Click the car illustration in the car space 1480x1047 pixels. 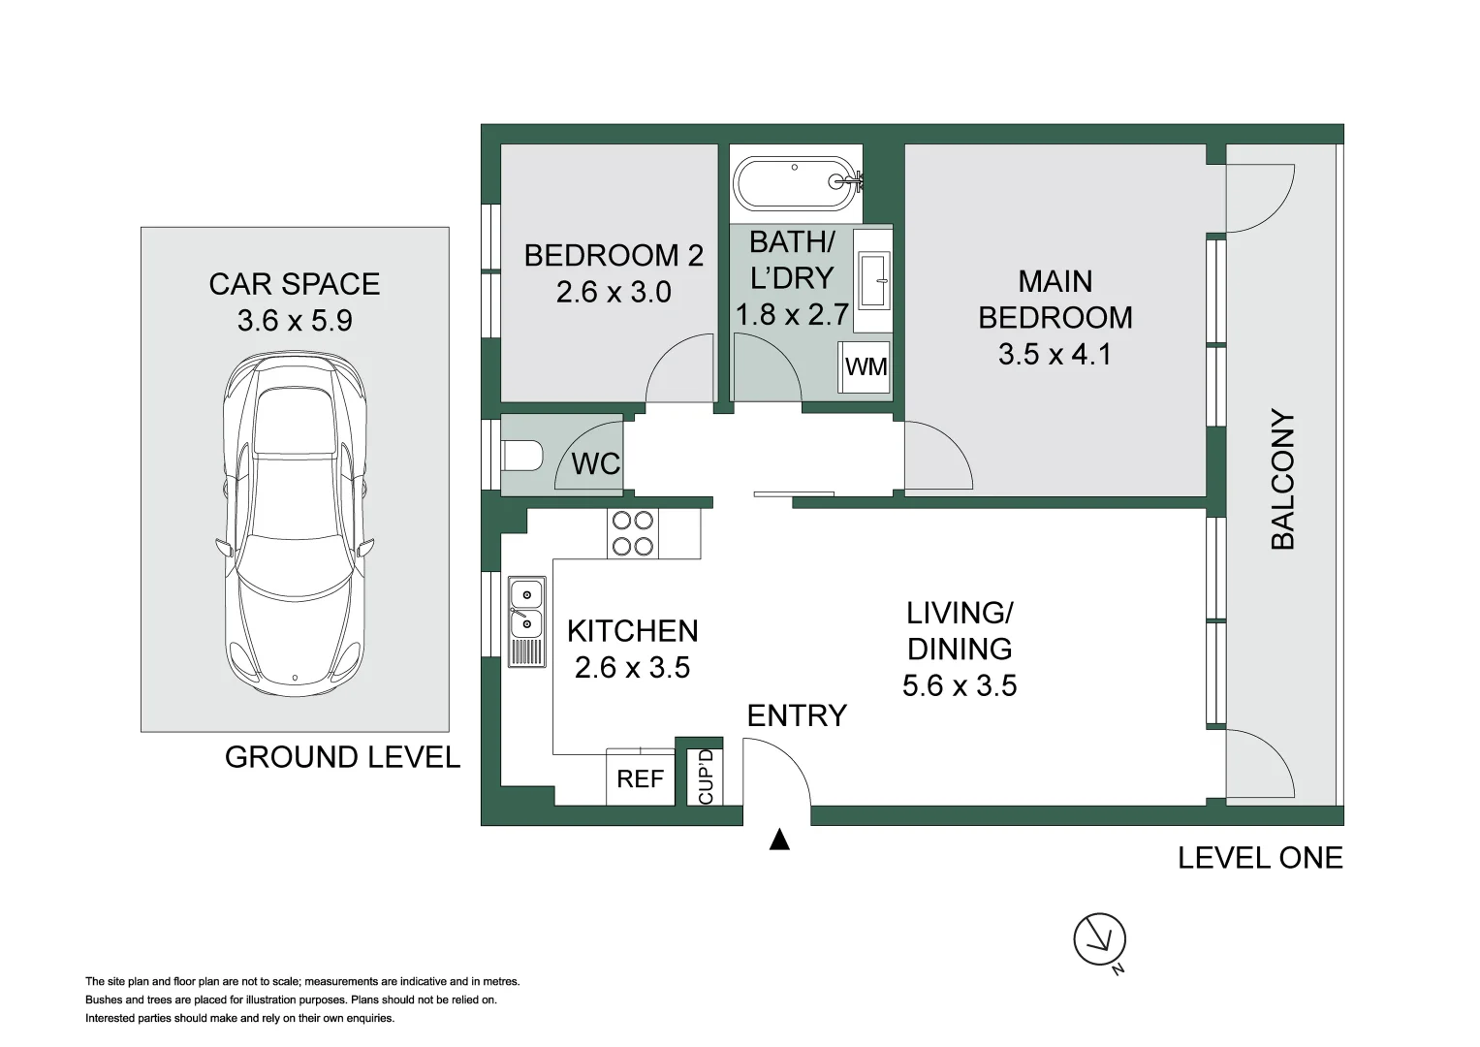coord(295,523)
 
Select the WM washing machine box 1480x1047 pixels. coord(866,366)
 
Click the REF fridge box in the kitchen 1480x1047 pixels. coord(641,778)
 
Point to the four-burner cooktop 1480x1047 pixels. coord(632,533)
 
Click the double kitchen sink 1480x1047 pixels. coord(526,609)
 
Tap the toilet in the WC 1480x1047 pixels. coord(522,455)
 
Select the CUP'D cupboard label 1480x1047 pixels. coord(706,777)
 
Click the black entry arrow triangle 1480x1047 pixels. coord(779,840)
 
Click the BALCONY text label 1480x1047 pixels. coord(1282,480)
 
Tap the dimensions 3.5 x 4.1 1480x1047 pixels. coord(1055,355)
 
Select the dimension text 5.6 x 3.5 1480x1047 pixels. coord(959,686)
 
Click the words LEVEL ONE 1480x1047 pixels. coord(1260,858)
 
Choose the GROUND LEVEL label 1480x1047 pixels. coord(342,757)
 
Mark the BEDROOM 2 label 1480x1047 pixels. coord(614,256)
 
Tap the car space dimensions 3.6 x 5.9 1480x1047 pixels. coord(295,321)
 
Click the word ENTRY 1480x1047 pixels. coord(797,715)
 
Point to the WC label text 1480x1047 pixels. coord(595,464)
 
